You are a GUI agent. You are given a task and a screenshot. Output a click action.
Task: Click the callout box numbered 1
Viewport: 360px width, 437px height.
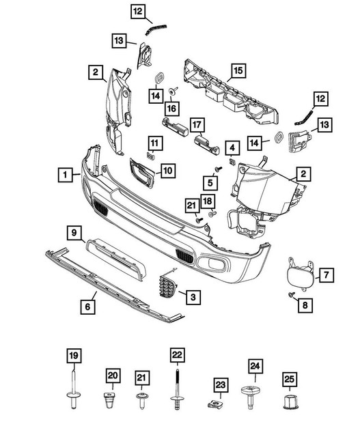click(x=66, y=175)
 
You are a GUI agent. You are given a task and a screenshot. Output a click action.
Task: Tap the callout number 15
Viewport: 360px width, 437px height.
click(x=238, y=71)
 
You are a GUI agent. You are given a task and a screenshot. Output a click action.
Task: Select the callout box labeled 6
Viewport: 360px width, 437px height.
click(x=88, y=307)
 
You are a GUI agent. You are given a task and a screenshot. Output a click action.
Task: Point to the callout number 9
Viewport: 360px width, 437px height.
click(x=74, y=233)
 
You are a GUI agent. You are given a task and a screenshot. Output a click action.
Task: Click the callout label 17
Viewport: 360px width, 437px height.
click(x=197, y=125)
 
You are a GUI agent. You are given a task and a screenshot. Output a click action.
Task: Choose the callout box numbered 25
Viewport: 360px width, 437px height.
click(x=290, y=379)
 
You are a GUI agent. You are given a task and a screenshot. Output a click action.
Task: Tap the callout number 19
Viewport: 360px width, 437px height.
click(x=74, y=356)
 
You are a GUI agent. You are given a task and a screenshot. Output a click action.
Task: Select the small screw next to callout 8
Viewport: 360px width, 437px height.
click(x=292, y=294)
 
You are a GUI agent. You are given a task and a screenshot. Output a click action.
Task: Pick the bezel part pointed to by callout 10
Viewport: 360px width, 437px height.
click(x=141, y=173)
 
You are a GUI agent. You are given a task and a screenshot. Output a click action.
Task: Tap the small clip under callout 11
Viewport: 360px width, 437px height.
click(x=150, y=156)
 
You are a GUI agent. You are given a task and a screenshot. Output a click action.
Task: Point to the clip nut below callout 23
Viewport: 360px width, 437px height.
click(x=214, y=404)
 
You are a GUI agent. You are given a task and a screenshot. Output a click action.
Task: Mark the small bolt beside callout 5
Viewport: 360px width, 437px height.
click(x=218, y=169)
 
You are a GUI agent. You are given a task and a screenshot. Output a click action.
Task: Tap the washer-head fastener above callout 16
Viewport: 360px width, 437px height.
click(x=173, y=91)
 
